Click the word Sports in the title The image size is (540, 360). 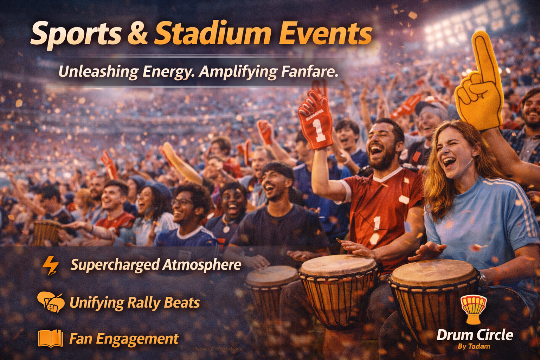tap(75, 34)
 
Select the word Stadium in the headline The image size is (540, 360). tap(213, 33)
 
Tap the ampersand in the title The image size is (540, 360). tap(137, 33)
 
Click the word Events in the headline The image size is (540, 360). tap(325, 33)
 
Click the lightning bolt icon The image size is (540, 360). tap(51, 265)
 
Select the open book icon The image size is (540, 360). tap(50, 339)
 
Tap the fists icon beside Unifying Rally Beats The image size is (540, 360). tap(51, 302)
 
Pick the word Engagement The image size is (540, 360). tap(137, 339)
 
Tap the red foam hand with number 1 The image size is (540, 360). tap(315, 120)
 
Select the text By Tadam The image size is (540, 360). tap(474, 346)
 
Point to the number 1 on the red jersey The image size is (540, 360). tap(376, 224)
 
